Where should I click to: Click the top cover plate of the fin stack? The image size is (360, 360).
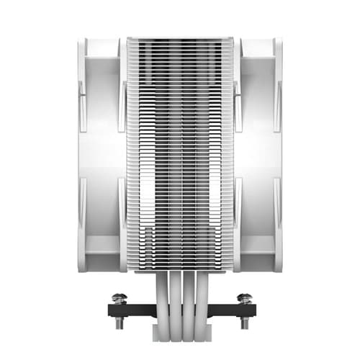click(180, 40)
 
